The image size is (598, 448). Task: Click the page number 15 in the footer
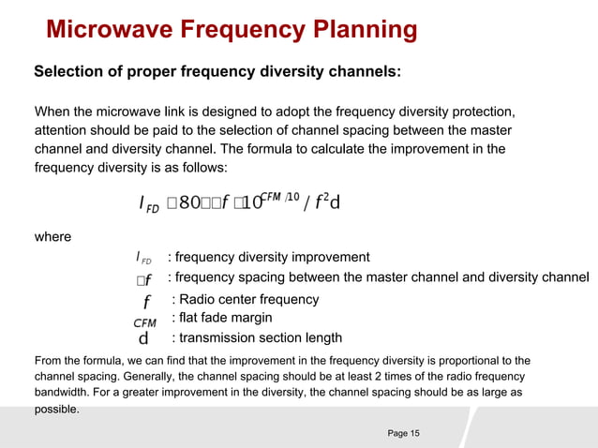[x=413, y=432]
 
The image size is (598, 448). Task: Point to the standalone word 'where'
[x=52, y=236]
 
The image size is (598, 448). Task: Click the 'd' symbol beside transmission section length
[x=143, y=337]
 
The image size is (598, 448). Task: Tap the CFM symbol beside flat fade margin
[x=144, y=322]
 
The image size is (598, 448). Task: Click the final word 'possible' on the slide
[x=55, y=410]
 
